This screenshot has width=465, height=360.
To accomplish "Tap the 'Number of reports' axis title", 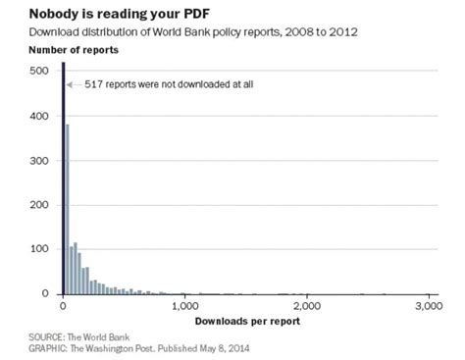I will click(x=68, y=48).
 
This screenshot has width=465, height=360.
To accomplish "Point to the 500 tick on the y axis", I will click(x=40, y=71).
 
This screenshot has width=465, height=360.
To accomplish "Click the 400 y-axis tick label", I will click(x=40, y=115).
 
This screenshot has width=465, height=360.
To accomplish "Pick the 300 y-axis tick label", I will click(x=40, y=159).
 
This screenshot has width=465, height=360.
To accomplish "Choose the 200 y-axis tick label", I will click(x=40, y=203).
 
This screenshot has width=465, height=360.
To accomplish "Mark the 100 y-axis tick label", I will click(x=40, y=248).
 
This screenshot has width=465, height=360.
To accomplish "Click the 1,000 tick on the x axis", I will click(x=184, y=305).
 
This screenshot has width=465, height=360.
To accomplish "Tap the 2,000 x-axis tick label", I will click(x=307, y=305).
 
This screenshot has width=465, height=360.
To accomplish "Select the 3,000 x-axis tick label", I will click(x=429, y=305).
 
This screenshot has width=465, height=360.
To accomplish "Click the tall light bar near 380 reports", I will click(x=67, y=209).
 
